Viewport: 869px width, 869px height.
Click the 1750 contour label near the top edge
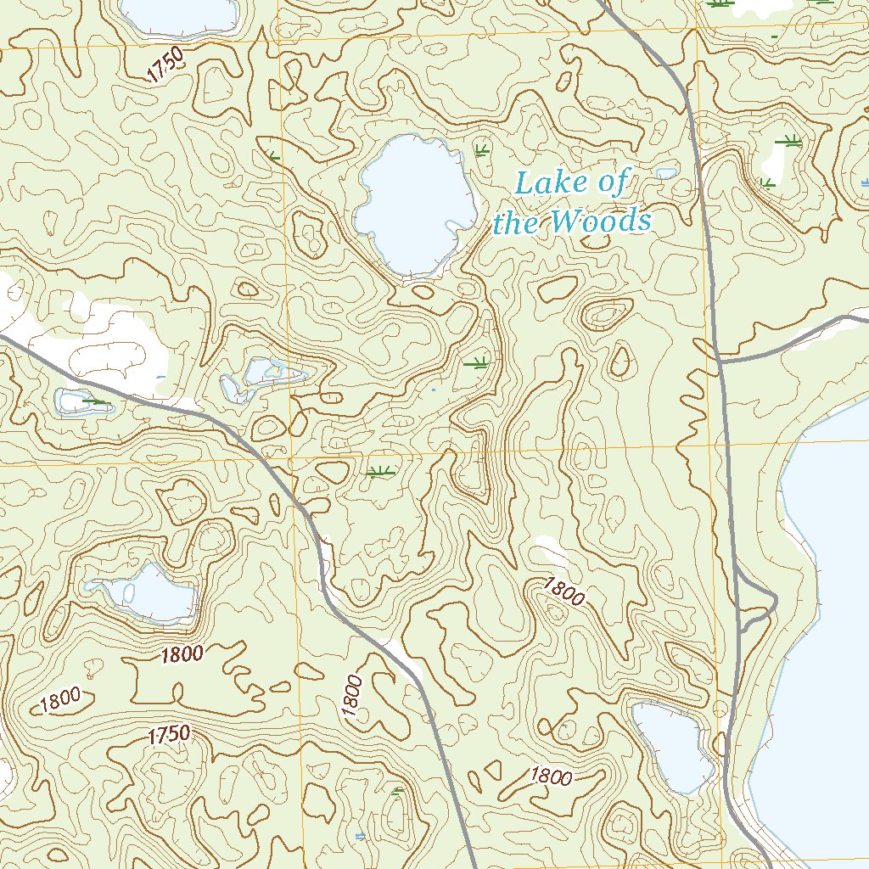[x=164, y=65]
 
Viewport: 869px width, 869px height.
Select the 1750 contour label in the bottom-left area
[x=169, y=735]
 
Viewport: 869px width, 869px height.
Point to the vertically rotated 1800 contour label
[x=354, y=696]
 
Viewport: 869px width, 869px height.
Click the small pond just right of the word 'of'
[x=666, y=173]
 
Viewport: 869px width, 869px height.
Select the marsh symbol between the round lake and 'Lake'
[x=481, y=151]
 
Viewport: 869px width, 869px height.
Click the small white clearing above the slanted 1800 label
[x=552, y=552]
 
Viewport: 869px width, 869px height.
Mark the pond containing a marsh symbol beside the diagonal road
[x=83, y=401]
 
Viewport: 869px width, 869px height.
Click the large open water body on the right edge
[x=827, y=636]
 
